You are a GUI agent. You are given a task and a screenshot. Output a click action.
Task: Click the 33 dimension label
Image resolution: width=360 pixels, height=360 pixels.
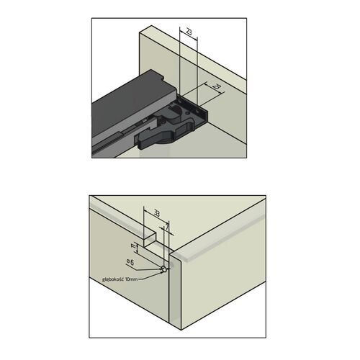tap(157, 213)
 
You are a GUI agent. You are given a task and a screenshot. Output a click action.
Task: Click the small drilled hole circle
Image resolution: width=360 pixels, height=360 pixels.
tap(164, 269)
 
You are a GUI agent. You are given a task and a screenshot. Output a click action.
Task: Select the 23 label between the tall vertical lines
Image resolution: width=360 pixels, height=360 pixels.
tap(187, 35)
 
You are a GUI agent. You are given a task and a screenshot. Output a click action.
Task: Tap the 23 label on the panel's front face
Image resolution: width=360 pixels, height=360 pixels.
tap(217, 87)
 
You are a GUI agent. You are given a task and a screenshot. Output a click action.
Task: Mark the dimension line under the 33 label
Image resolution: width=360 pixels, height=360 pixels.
tap(157, 219)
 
